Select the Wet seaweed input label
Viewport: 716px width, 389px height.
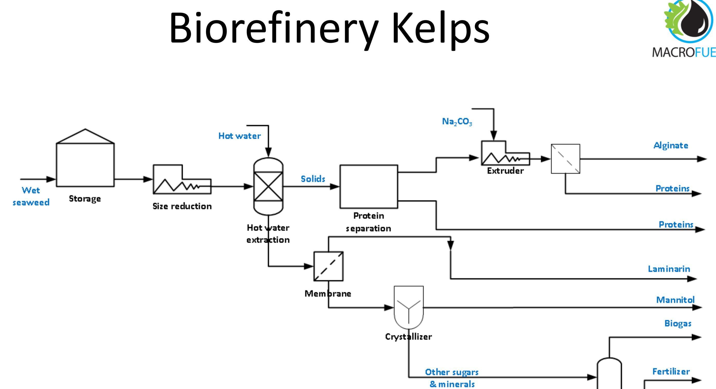(31, 196)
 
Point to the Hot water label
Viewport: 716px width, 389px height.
(239, 136)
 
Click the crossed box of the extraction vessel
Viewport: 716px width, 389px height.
(268, 186)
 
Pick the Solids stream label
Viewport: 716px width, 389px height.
(313, 179)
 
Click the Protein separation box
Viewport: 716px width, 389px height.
(369, 186)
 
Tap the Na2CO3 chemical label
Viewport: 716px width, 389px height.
(457, 122)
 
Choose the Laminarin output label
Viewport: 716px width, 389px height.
(669, 269)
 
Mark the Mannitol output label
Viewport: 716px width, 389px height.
(675, 300)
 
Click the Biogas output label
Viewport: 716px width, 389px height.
(678, 323)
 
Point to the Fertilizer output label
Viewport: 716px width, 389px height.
(671, 371)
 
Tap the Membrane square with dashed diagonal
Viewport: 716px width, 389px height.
(328, 266)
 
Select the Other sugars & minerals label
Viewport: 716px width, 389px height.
(452, 378)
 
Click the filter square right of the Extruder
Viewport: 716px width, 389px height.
(565, 159)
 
